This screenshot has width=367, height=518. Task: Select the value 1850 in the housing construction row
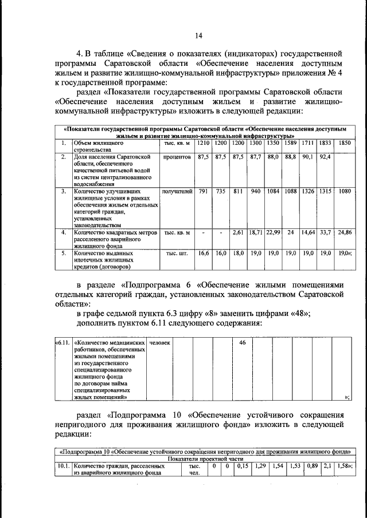(344, 143)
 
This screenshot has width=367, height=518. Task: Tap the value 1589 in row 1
(290, 143)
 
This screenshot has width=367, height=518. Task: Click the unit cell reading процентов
(177, 156)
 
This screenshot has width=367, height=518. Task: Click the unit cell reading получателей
(177, 191)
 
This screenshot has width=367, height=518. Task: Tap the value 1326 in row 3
(308, 191)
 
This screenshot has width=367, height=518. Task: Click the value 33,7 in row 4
(325, 233)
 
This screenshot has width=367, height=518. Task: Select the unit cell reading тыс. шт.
(177, 252)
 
